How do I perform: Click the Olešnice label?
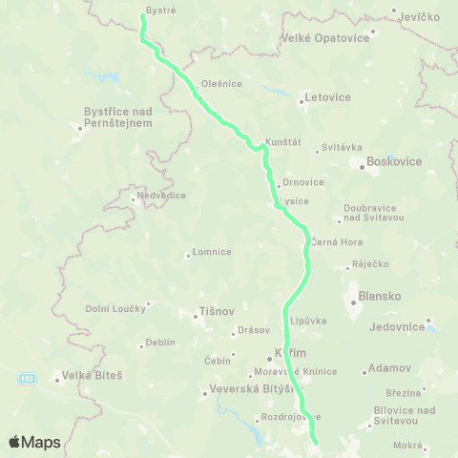click(222, 83)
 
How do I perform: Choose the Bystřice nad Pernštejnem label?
click(117, 116)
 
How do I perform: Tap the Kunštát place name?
click(283, 141)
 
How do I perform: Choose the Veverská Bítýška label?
click(245, 391)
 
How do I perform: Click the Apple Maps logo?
click(34, 442)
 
